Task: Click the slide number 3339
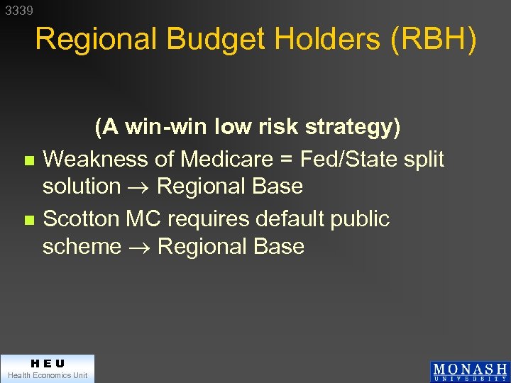coord(18,11)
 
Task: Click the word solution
coord(82,187)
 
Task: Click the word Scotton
coord(81,219)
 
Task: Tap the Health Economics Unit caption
coord(47,375)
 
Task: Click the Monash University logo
coord(469,371)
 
